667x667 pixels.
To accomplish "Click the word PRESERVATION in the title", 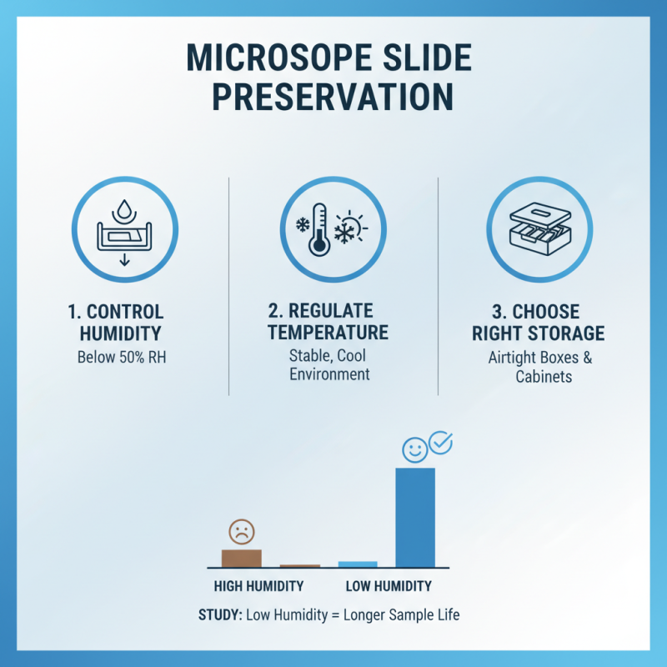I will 333,98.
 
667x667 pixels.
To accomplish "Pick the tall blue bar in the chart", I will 414,517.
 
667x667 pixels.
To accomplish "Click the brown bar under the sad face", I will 241,558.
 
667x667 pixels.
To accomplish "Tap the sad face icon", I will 242,531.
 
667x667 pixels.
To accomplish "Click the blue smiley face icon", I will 414,450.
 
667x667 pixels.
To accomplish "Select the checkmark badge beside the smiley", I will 439,443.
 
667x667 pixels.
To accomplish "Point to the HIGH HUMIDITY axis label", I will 258,585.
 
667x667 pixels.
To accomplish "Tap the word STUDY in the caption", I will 219,615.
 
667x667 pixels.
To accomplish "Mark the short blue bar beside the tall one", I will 358,564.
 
